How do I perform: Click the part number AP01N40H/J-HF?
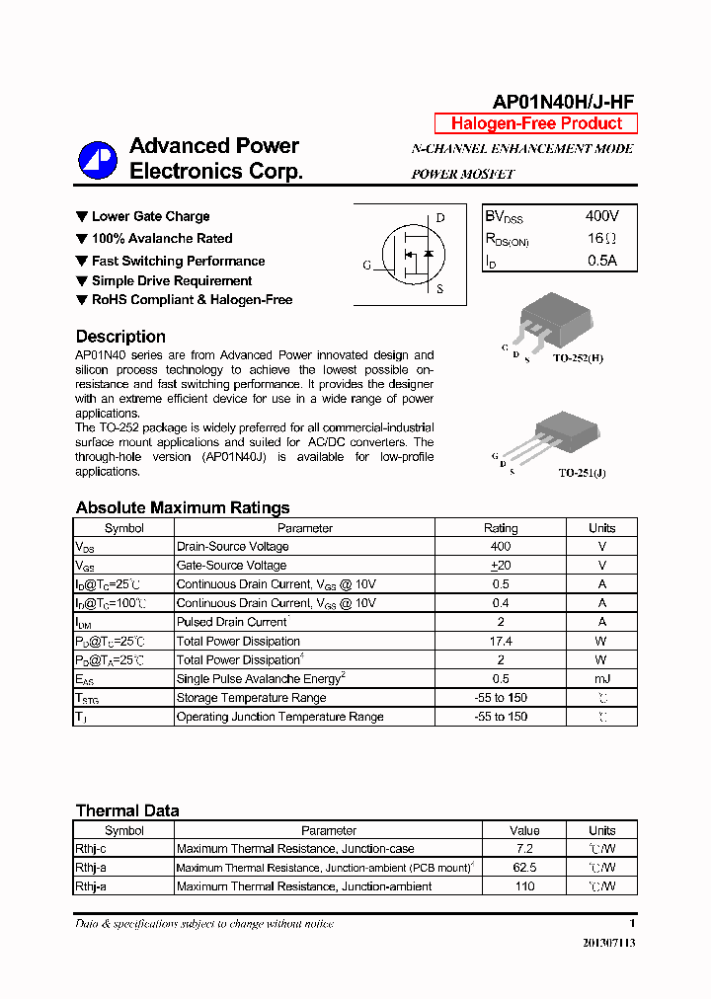coord(563,102)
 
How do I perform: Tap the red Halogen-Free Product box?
coord(536,123)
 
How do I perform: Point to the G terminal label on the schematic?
coord(367,265)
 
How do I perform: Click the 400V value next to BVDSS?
coord(601,216)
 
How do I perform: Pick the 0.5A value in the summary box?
coord(601,262)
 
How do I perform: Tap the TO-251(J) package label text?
coord(582,473)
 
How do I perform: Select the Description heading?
coord(120,337)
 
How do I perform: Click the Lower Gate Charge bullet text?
coord(150,216)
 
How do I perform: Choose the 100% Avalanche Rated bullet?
coord(162,239)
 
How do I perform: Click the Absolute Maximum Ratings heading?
coord(183,507)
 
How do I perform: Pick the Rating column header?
coord(501,528)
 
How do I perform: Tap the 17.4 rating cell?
coord(501,642)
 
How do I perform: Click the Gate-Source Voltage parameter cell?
coord(231,566)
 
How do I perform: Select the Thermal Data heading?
coord(127,810)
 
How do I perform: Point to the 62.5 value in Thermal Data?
coord(524,868)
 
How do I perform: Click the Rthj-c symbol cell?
coord(91,849)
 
